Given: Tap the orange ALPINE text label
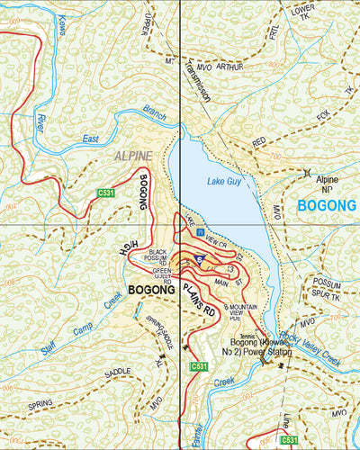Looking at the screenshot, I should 134,156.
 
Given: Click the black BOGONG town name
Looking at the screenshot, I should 153,291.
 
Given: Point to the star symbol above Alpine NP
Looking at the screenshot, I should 310,172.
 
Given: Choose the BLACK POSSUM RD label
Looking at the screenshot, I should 160,256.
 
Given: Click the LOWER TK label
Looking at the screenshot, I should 303,12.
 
